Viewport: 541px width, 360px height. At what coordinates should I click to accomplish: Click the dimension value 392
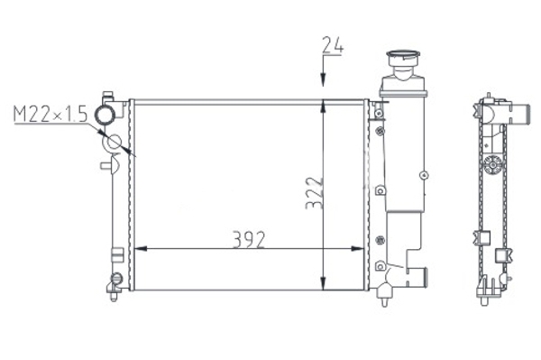pos(249,239)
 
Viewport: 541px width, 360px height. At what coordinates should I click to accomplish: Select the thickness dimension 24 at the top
pos(333,45)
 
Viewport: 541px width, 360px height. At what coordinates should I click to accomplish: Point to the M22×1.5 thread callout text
pos(50,114)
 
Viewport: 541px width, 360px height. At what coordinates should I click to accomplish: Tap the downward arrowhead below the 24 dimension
pos(324,79)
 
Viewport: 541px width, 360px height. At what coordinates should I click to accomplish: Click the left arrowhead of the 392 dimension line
pos(141,248)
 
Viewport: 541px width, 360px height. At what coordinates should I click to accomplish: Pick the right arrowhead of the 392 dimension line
pos(357,248)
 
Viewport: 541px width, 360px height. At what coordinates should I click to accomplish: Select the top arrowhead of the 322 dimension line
pos(324,106)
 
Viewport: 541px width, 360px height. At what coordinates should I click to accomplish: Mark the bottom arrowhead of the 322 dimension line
pos(324,283)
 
